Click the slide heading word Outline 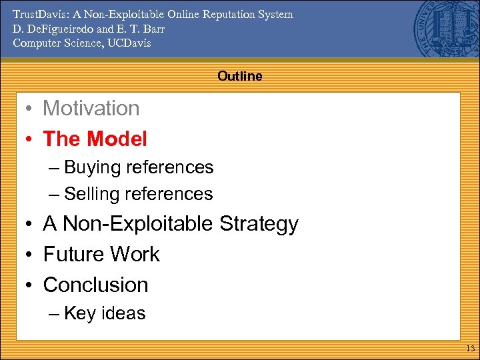(239, 76)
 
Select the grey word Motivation (91, 108)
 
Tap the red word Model (116, 139)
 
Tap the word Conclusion (95, 285)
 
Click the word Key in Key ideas (79, 313)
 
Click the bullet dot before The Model (30, 139)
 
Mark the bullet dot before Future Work (30, 255)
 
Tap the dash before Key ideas (54, 314)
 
